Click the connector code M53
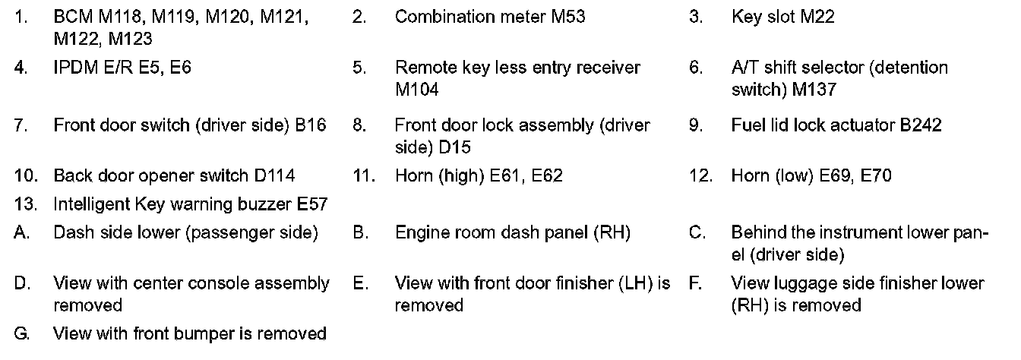coord(567,17)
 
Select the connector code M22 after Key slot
coord(817,17)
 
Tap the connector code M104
coord(416,90)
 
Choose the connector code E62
coord(547,176)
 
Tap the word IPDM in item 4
coord(74,68)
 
